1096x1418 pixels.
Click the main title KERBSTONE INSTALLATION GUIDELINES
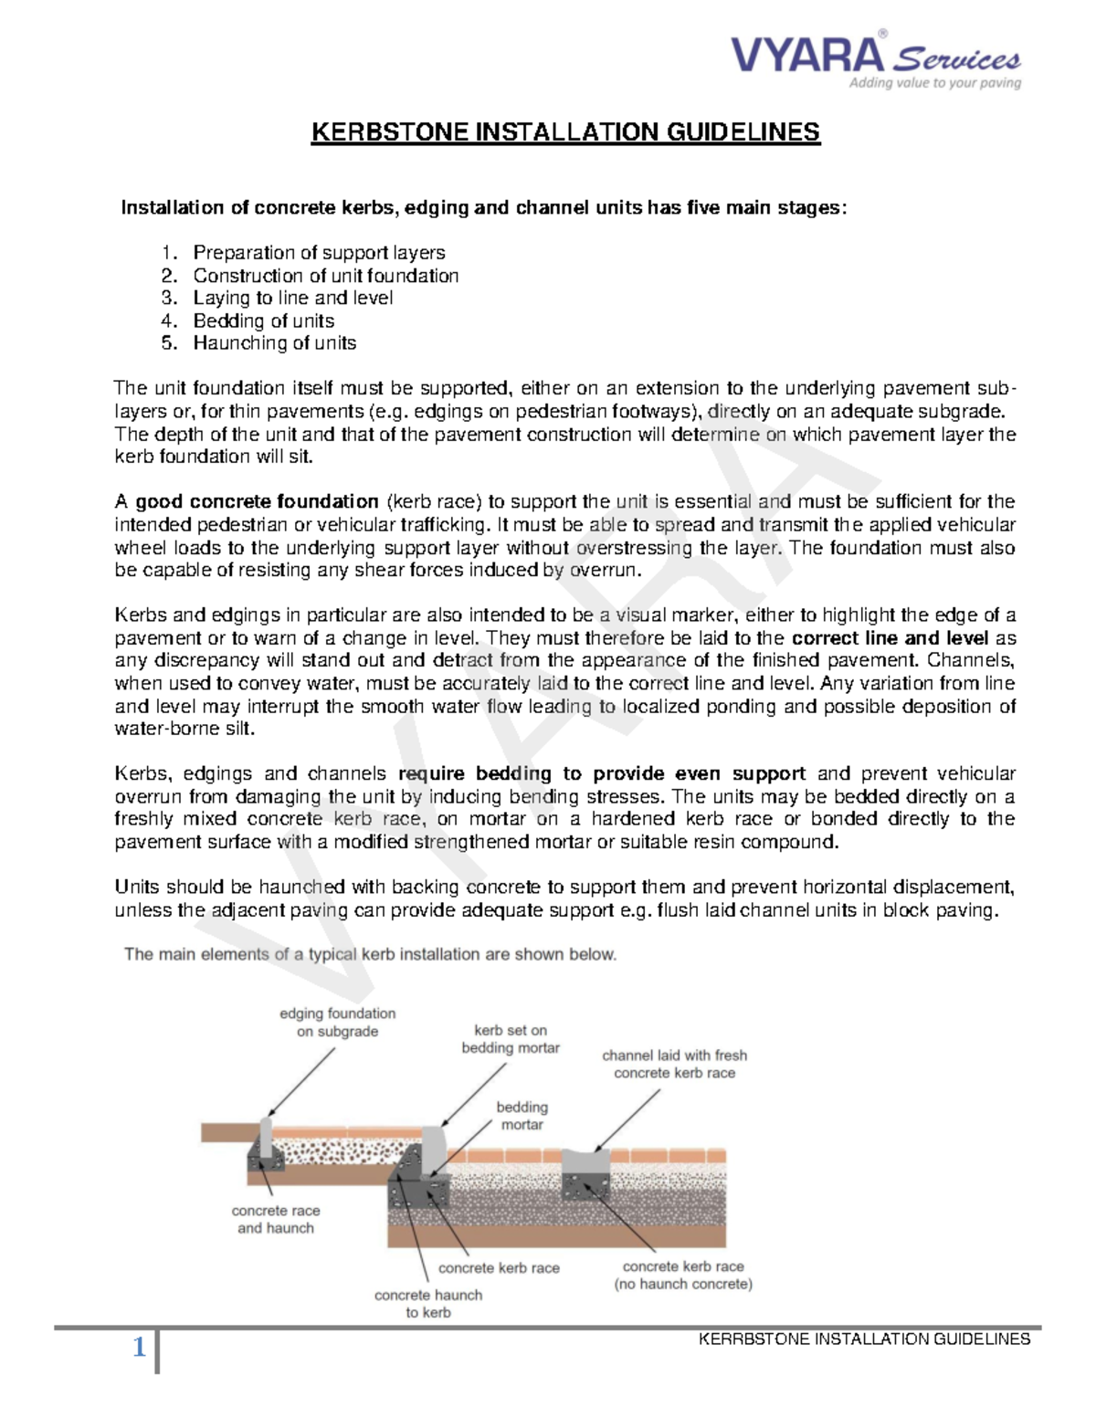(x=565, y=132)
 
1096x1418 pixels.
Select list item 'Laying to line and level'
(x=292, y=298)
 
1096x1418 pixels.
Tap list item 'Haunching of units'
(x=274, y=343)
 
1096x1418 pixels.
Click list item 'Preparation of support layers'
(x=319, y=253)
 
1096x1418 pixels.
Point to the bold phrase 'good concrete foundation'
(x=257, y=501)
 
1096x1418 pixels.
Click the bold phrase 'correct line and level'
(x=890, y=638)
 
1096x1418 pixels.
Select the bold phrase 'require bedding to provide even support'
(x=602, y=773)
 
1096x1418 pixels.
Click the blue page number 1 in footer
(x=139, y=1347)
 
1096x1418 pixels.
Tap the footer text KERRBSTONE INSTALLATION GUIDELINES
(x=864, y=1339)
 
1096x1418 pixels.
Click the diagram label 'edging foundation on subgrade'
(x=337, y=1023)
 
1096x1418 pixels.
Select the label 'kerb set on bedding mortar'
(x=511, y=1039)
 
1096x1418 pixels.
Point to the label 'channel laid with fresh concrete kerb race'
(x=674, y=1064)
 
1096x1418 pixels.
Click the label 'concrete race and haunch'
(x=276, y=1219)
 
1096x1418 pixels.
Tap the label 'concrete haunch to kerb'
(x=428, y=1303)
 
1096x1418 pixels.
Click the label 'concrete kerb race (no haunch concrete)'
(x=683, y=1275)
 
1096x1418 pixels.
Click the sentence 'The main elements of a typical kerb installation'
(x=370, y=954)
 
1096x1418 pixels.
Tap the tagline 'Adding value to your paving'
(x=934, y=83)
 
